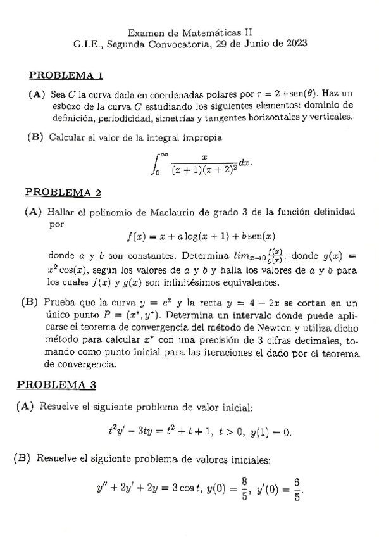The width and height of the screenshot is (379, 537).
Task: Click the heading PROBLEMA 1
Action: [66, 76]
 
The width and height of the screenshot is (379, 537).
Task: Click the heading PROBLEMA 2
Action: [63, 193]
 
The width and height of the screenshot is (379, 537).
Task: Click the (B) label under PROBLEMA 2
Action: [30, 303]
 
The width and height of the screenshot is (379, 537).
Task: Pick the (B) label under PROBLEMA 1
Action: [35, 136]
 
